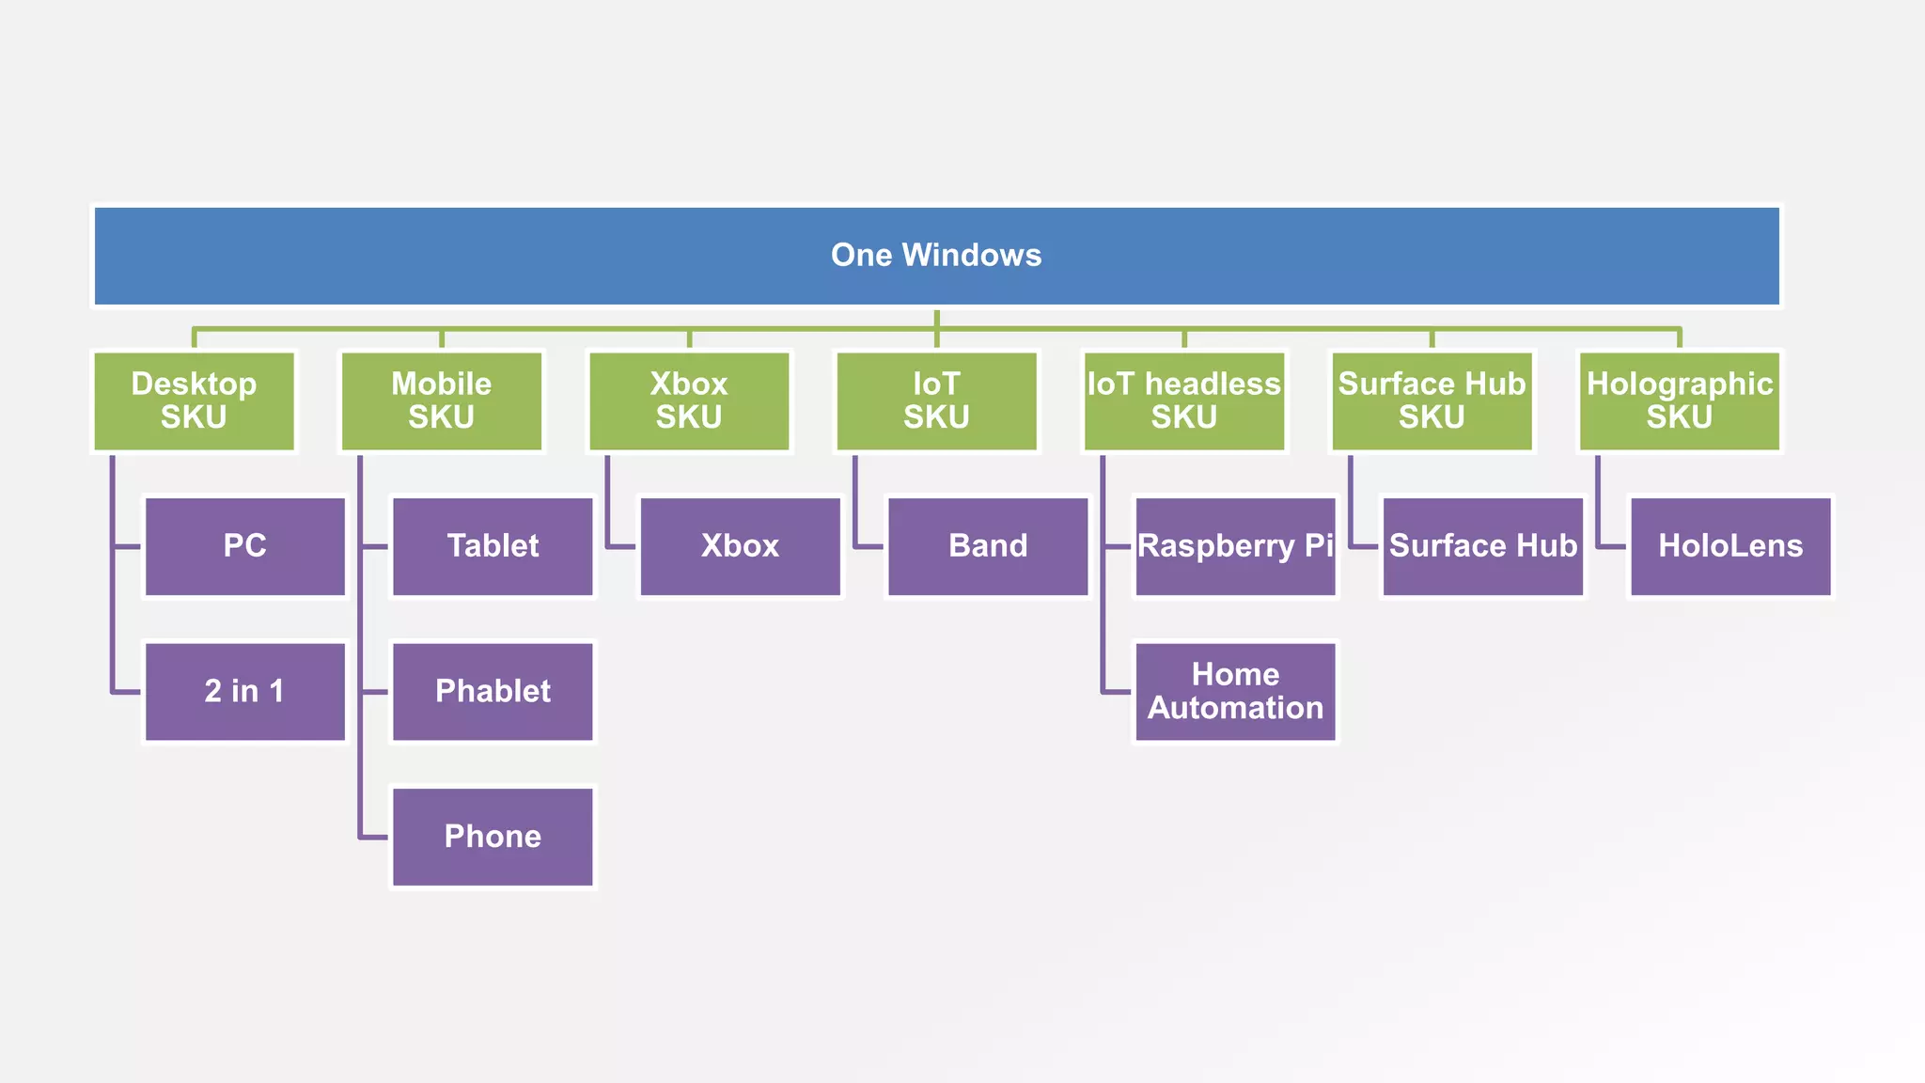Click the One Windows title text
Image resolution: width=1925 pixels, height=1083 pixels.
tap(936, 255)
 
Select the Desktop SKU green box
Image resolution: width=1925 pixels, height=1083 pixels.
tap(194, 401)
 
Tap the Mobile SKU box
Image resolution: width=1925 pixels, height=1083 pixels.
tap(441, 401)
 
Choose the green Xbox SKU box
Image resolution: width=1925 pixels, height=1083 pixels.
tap(689, 401)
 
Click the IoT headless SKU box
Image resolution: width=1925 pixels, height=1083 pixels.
tap(1184, 401)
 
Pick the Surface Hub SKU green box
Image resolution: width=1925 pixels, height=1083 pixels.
tap(1432, 401)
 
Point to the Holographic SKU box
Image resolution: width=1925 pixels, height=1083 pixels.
tap(1680, 401)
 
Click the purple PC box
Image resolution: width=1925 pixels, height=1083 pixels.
tap(245, 546)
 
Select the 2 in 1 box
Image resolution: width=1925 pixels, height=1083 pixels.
tap(245, 692)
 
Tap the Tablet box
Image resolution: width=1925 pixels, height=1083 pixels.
tap(493, 546)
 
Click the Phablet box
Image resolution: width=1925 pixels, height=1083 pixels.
tap(493, 692)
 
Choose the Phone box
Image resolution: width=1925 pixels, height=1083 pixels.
tap(493, 837)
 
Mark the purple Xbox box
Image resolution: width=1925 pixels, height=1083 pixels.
tap(740, 546)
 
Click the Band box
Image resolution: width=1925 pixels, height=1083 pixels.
tap(988, 546)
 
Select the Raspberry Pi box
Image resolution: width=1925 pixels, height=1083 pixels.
tap(1235, 546)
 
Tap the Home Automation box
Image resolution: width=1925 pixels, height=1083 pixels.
tap(1235, 692)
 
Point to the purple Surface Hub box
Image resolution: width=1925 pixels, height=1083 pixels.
tap(1483, 546)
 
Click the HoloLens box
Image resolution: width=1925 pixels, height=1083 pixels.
tap(1730, 546)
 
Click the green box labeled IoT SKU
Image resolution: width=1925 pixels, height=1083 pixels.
tap(936, 401)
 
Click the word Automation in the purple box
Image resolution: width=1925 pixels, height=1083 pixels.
tap(1235, 708)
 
